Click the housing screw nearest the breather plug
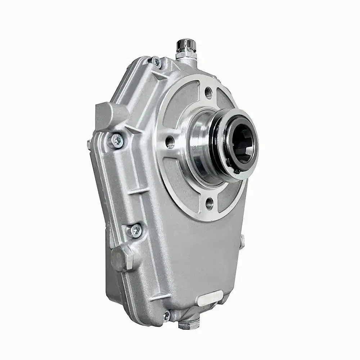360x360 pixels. pos(156,62)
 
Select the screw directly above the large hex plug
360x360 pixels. pos(134,229)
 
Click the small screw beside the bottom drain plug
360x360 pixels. pos(166,316)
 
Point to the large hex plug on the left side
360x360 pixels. pos(121,258)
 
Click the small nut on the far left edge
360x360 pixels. pos(89,143)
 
